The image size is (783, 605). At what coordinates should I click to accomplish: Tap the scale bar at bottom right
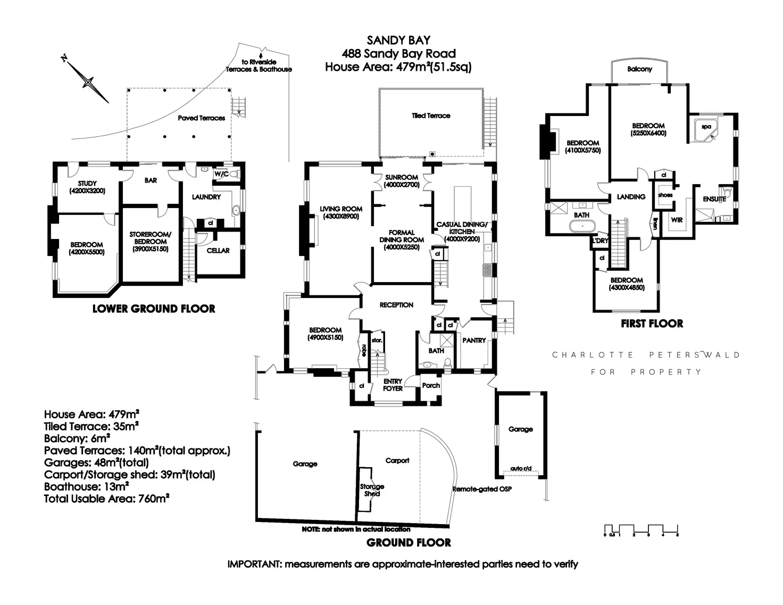pyautogui.click(x=641, y=529)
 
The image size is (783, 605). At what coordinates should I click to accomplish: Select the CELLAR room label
pyautogui.click(x=218, y=251)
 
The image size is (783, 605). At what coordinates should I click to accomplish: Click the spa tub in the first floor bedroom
pyautogui.click(x=706, y=128)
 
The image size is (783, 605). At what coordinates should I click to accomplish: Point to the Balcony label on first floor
pyautogui.click(x=639, y=69)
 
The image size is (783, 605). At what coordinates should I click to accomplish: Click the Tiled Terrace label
pyautogui.click(x=431, y=115)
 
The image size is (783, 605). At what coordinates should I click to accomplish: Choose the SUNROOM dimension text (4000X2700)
pyautogui.click(x=402, y=185)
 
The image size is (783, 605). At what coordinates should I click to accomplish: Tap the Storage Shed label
pyautogui.click(x=372, y=490)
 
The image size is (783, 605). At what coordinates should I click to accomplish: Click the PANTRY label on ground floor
pyautogui.click(x=474, y=341)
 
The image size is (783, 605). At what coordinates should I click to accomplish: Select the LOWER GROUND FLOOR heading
pyautogui.click(x=154, y=309)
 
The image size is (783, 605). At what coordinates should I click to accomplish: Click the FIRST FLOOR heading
pyautogui.click(x=652, y=324)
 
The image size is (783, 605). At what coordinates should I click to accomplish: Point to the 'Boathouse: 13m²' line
pyautogui.click(x=87, y=487)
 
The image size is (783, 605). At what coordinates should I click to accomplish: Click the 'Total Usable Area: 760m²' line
pyautogui.click(x=106, y=499)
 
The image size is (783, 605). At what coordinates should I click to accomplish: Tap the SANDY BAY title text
pyautogui.click(x=398, y=40)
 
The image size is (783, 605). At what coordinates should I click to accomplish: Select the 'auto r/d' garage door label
pyautogui.click(x=520, y=469)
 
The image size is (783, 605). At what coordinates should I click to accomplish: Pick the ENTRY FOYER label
pyautogui.click(x=393, y=385)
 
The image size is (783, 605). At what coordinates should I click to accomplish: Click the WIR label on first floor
pyautogui.click(x=677, y=220)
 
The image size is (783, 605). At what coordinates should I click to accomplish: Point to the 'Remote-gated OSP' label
pyautogui.click(x=482, y=489)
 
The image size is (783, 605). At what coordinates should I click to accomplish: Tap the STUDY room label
pyautogui.click(x=87, y=184)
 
